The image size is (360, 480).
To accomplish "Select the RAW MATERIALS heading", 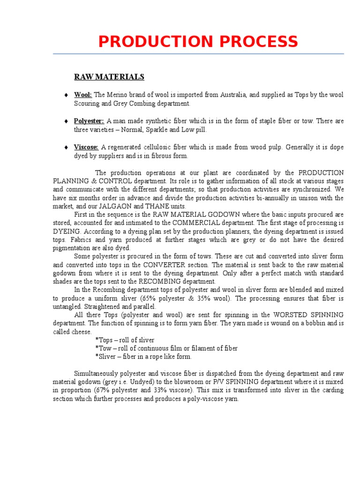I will [x=109, y=77].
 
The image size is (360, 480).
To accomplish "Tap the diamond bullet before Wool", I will [x=67, y=95].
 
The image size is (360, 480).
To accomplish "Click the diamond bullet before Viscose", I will [x=67, y=148].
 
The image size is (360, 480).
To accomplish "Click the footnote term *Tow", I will [x=102, y=348].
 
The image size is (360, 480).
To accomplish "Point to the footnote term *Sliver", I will [x=105, y=357].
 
